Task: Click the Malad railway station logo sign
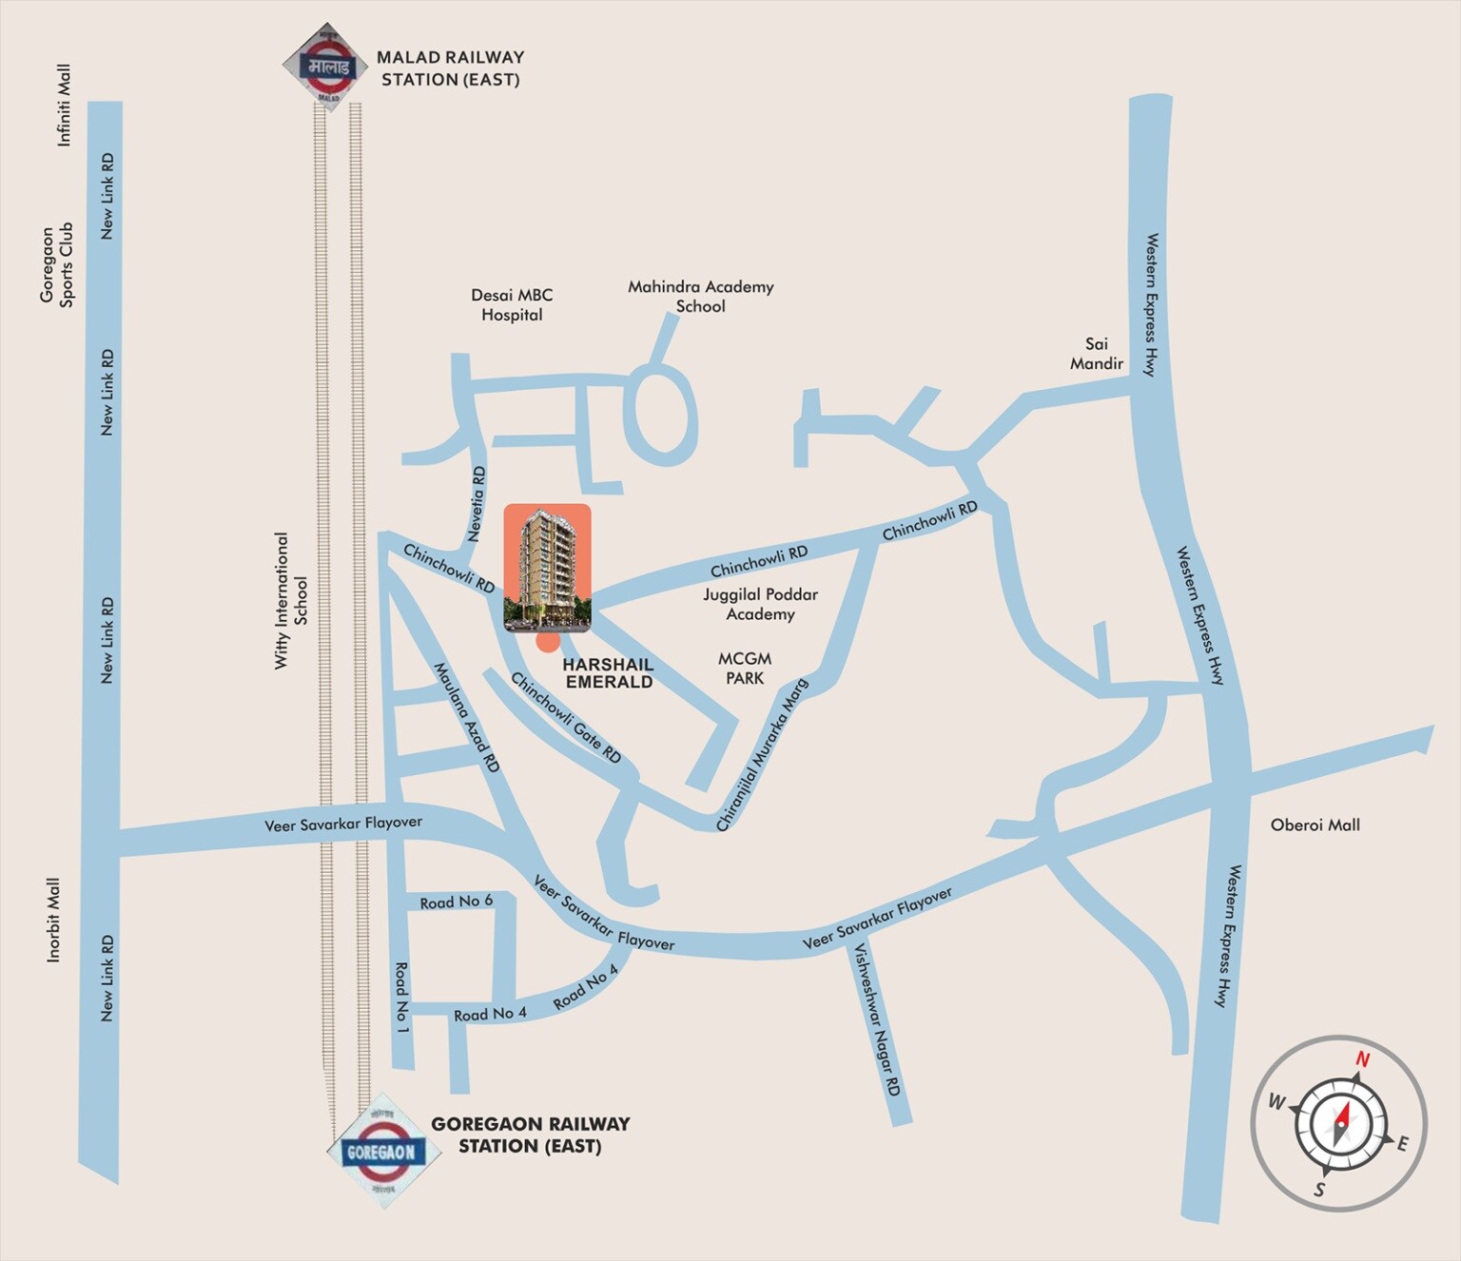click(326, 67)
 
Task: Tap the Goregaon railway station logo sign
click(382, 1151)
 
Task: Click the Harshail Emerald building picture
click(547, 568)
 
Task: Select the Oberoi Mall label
click(1315, 825)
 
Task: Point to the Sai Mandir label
click(1097, 354)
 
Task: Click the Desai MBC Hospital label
click(512, 305)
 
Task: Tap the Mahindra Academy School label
click(701, 297)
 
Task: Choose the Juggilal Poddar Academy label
click(760, 604)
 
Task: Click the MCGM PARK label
click(745, 669)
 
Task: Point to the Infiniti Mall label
click(64, 106)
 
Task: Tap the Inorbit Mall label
click(53, 920)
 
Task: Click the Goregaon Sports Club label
click(56, 264)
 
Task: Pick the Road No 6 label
click(457, 902)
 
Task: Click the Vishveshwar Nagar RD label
click(876, 1019)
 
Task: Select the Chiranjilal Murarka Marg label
click(762, 755)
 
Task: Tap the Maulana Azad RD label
click(466, 717)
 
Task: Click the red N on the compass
click(1362, 1058)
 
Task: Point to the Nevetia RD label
click(477, 503)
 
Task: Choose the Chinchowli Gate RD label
click(566, 717)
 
